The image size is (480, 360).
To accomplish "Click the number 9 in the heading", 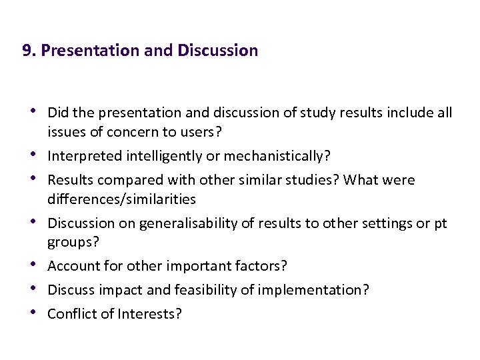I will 27,51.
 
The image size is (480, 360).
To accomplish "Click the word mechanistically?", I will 277,156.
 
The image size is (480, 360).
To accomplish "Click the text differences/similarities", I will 122,199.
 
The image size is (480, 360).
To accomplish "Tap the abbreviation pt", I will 441,223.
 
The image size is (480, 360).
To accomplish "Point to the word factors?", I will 263,266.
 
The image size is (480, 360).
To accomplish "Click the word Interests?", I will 150,314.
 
